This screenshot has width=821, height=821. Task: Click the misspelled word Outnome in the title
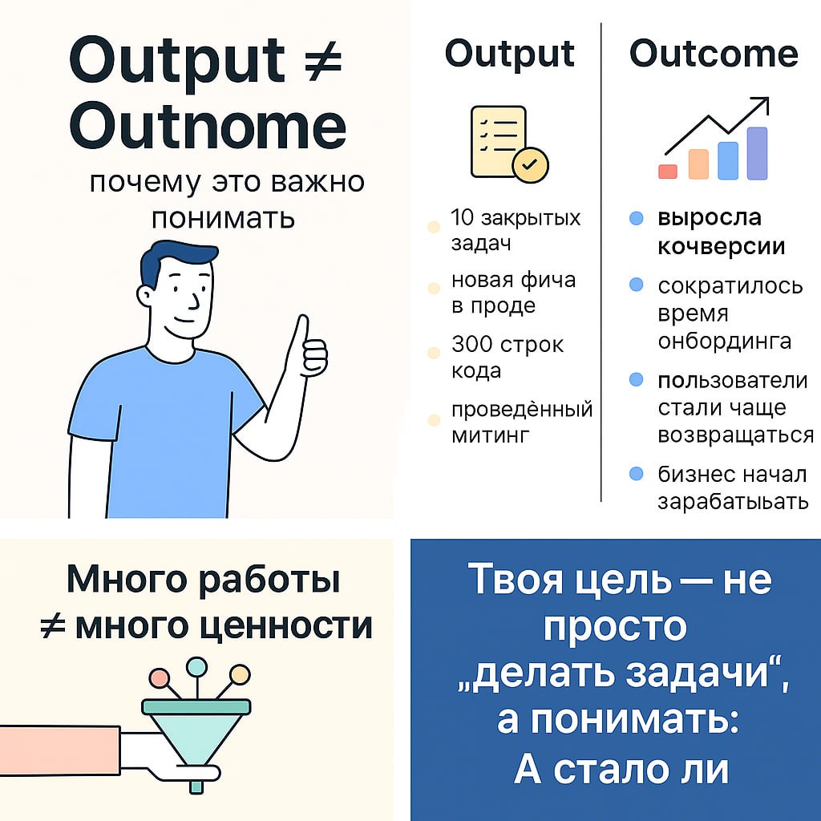(208, 126)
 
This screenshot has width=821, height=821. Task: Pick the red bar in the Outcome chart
(667, 171)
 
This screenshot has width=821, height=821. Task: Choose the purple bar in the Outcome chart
(757, 153)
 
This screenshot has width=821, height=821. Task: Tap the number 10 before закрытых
(463, 217)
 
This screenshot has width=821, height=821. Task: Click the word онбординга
(724, 341)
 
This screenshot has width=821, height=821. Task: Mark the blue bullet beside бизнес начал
(637, 474)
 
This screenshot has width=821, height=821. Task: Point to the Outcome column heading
(714, 54)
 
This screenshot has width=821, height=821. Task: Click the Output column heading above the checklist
(510, 54)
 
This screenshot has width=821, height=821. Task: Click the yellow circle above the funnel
(239, 673)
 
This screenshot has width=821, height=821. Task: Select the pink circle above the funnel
(160, 678)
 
